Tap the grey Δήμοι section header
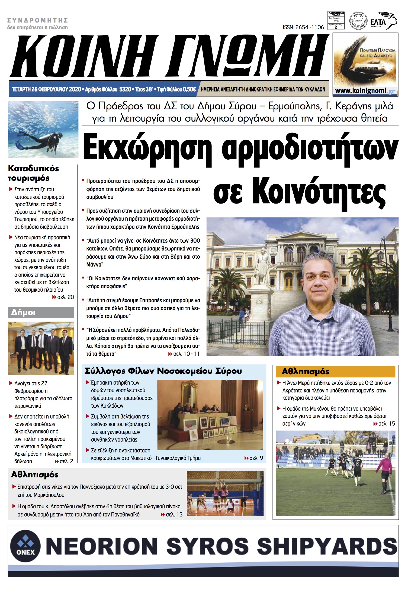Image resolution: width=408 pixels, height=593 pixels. [41, 312]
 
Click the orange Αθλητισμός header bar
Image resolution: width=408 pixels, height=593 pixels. [335, 372]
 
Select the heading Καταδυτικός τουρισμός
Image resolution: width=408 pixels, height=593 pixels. [33, 173]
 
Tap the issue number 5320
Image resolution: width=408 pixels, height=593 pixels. [125, 89]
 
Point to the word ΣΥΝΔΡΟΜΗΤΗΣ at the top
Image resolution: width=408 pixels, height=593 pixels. [38, 20]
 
